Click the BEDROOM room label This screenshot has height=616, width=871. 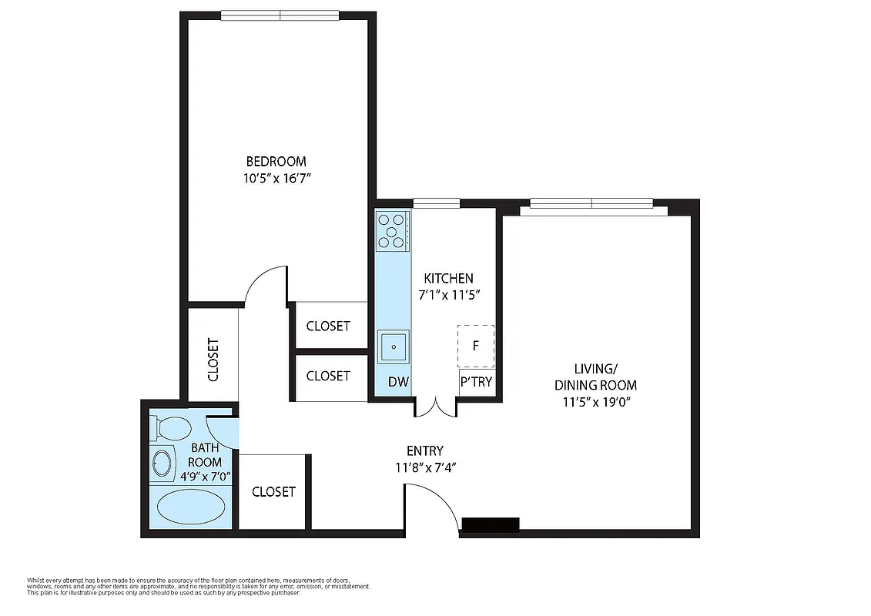[x=276, y=162]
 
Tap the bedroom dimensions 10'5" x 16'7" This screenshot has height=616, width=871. [x=276, y=178]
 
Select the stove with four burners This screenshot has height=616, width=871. [x=391, y=230]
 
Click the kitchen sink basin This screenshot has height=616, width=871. [x=394, y=347]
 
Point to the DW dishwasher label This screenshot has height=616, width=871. [x=397, y=382]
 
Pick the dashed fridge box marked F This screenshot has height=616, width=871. [x=476, y=346]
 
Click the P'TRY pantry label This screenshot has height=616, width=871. [x=476, y=382]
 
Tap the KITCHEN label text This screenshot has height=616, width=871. [x=449, y=278]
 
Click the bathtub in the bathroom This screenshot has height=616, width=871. [x=191, y=507]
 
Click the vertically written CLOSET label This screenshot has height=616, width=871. [x=213, y=360]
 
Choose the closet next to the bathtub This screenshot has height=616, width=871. [x=273, y=491]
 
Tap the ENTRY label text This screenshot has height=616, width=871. [x=424, y=451]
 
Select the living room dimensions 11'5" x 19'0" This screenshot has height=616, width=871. [x=595, y=402]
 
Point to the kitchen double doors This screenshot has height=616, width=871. [x=437, y=407]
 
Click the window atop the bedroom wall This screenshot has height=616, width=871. [x=280, y=15]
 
